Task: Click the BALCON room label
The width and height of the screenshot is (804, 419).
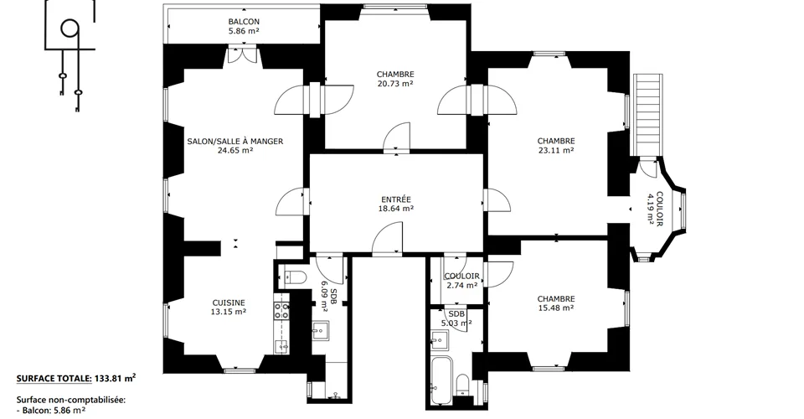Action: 244,22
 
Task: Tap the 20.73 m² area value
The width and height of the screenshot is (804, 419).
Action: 394,84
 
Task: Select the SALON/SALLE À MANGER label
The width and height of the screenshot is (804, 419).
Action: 234,141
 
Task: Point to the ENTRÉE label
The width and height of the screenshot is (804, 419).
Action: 396,199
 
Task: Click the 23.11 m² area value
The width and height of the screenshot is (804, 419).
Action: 556,150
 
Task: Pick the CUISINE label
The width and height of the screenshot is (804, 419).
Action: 229,303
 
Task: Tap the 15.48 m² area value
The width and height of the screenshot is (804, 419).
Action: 556,308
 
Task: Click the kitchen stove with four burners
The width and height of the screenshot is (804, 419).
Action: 281,311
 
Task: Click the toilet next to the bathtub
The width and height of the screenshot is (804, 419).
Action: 463,385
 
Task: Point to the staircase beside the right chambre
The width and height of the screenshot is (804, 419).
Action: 648,115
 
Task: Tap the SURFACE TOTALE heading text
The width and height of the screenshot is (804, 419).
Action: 54,379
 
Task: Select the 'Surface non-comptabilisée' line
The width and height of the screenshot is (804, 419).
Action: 70,400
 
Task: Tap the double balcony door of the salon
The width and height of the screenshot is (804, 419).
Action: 242,55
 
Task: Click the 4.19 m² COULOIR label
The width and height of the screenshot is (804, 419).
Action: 655,209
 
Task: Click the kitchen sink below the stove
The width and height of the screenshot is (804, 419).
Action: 281,346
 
